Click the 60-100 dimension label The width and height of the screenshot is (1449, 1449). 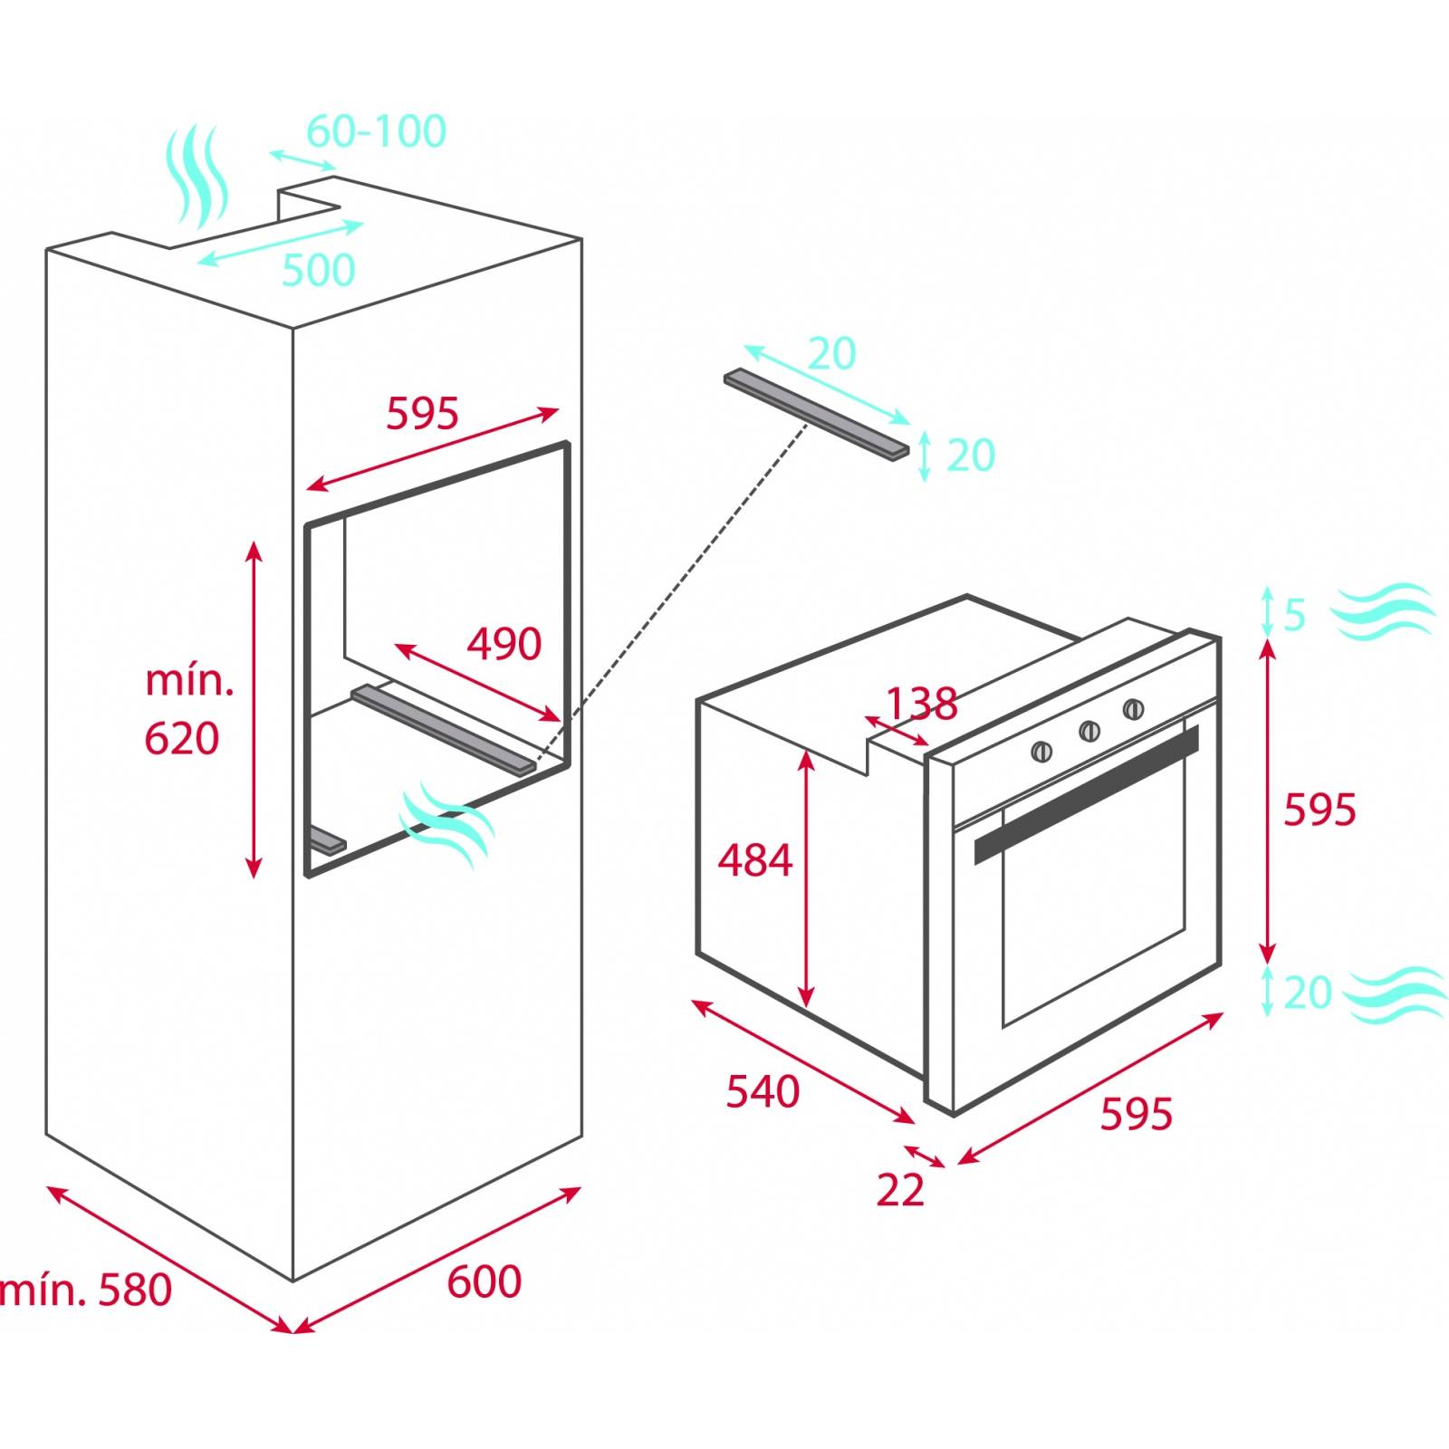pyautogui.click(x=376, y=131)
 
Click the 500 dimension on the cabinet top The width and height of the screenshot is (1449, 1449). pyautogui.click(x=319, y=270)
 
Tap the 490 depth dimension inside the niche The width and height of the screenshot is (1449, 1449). pyautogui.click(x=504, y=644)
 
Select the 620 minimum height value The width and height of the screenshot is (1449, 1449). pyautogui.click(x=181, y=739)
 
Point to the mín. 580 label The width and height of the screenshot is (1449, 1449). pyautogui.click(x=86, y=1290)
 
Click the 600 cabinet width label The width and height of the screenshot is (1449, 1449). pyautogui.click(x=484, y=1281)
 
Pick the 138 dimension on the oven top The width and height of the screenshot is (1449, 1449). pyautogui.click(x=921, y=703)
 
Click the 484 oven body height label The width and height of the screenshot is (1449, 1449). pyautogui.click(x=754, y=860)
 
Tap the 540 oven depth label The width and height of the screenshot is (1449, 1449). pyautogui.click(x=763, y=1092)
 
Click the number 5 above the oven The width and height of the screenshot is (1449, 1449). pyautogui.click(x=1294, y=616)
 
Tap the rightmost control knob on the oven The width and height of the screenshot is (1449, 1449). pyautogui.click(x=1133, y=709)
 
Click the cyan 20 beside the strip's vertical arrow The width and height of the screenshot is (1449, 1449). pyautogui.click(x=970, y=456)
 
